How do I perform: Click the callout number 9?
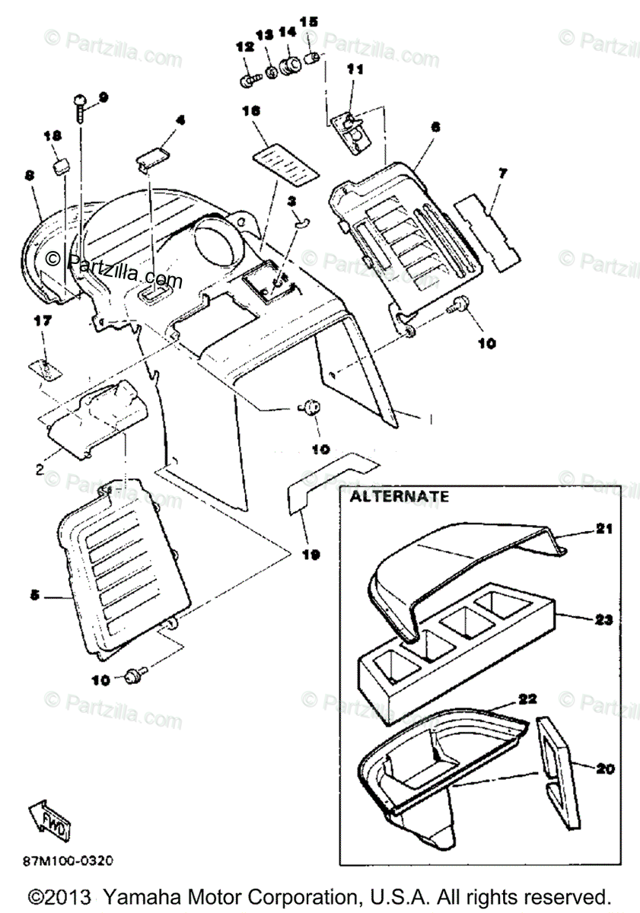[103, 97]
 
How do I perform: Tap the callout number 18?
[52, 137]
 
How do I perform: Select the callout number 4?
[180, 120]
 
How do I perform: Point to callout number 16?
[251, 111]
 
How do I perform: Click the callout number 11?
[355, 69]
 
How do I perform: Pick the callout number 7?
[502, 173]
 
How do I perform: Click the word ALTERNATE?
[400, 496]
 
